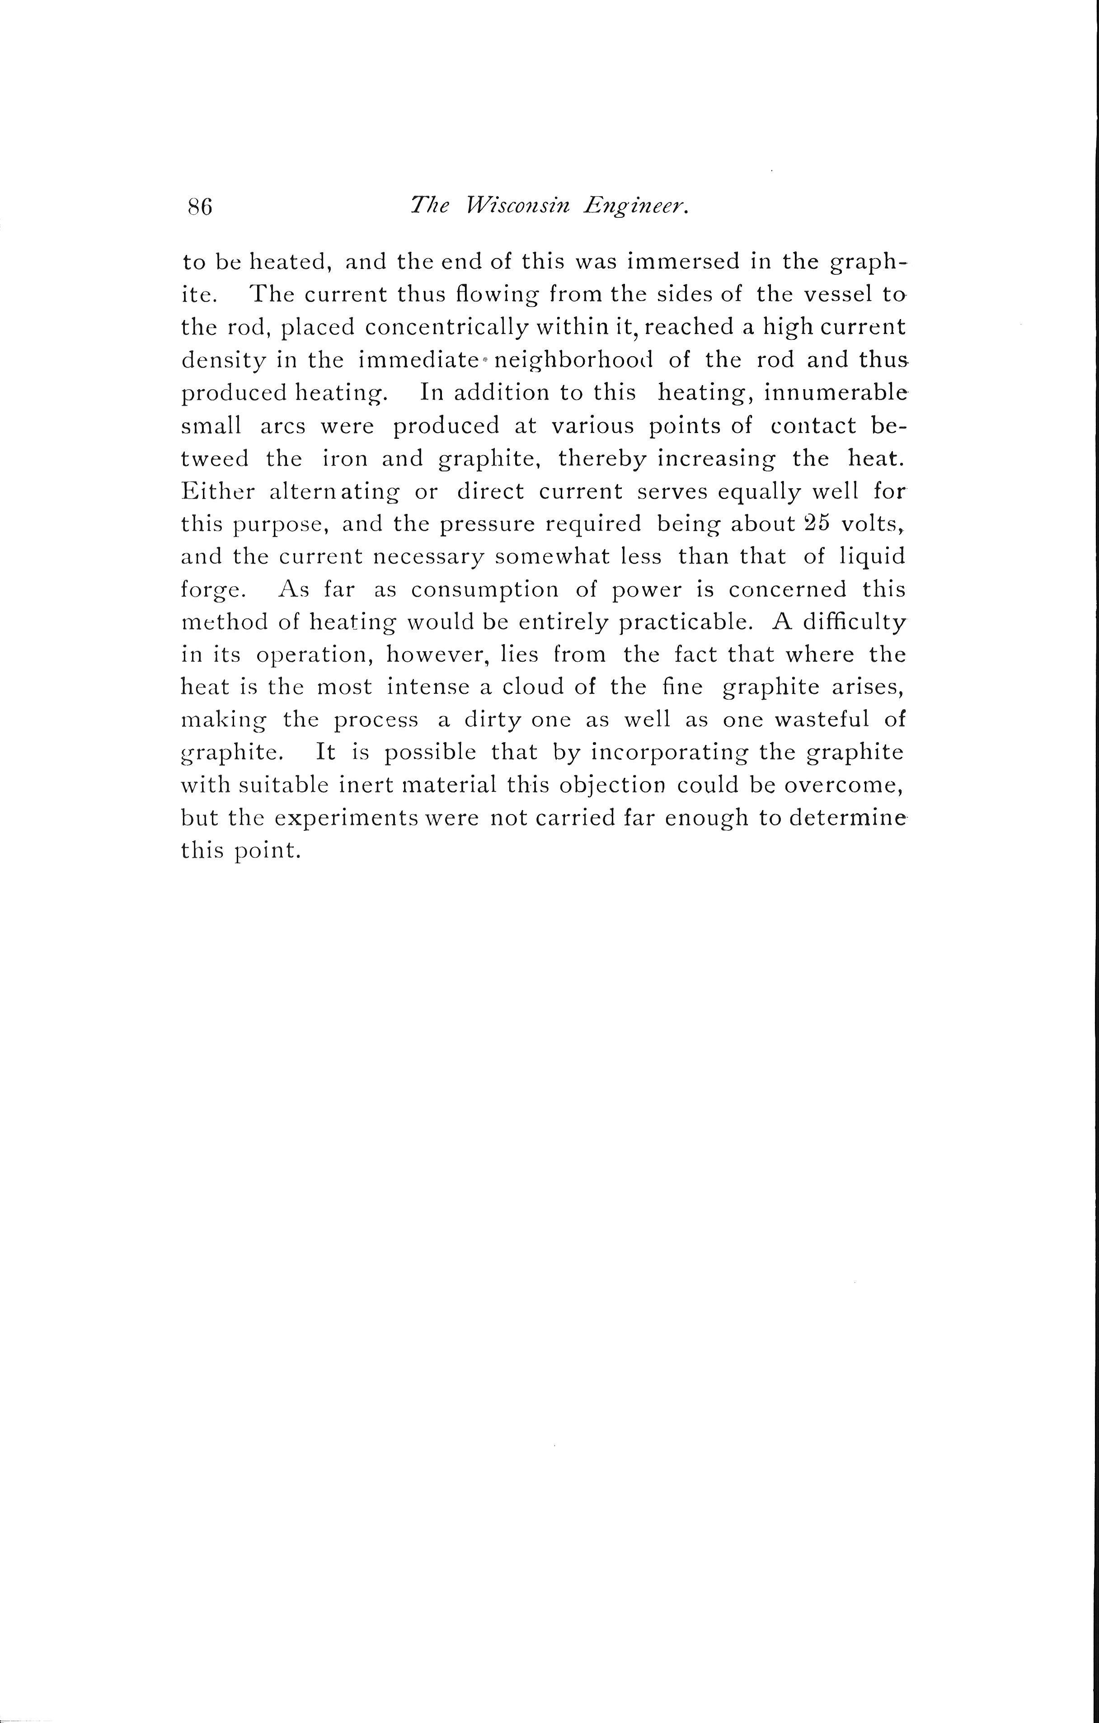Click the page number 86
200,207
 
